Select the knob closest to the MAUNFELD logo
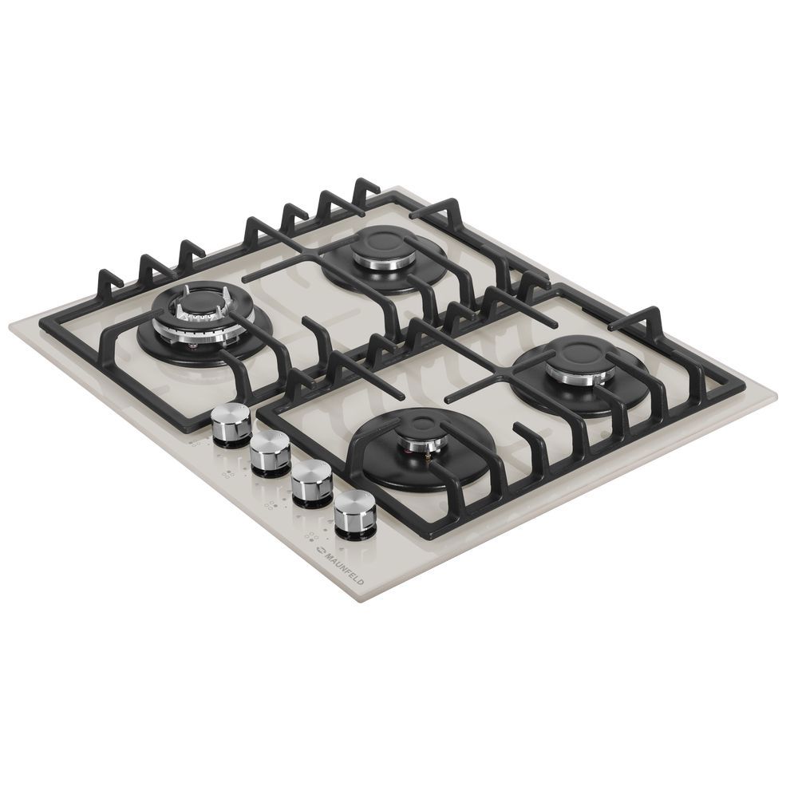click(x=355, y=515)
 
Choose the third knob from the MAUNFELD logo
click(x=271, y=454)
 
